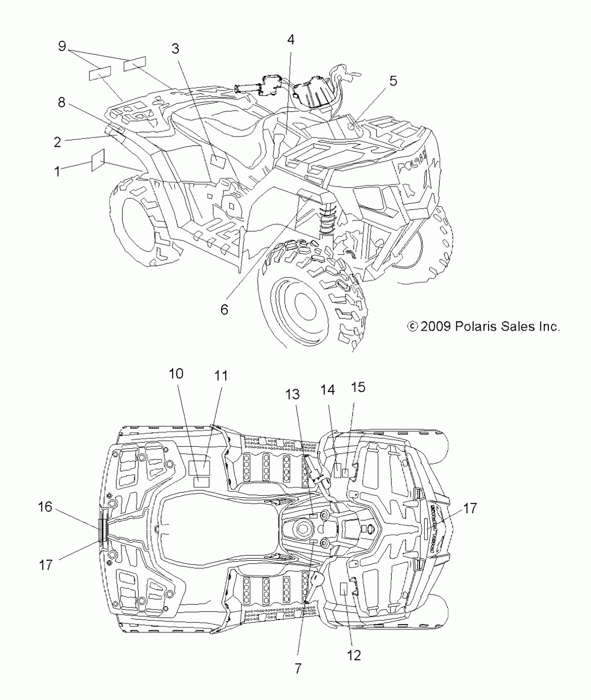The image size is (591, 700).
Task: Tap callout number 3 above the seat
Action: click(x=176, y=49)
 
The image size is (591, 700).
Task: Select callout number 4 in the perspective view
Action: click(x=291, y=40)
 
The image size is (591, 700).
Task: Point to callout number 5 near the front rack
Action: click(x=393, y=81)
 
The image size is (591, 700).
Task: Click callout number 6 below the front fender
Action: click(x=225, y=309)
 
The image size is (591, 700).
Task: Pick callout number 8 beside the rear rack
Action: click(x=62, y=103)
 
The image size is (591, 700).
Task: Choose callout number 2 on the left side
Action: click(x=57, y=142)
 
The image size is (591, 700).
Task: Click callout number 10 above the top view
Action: click(x=176, y=374)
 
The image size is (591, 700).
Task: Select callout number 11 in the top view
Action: click(x=220, y=376)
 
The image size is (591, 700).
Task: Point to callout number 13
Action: click(x=292, y=394)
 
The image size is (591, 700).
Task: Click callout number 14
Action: click(x=327, y=390)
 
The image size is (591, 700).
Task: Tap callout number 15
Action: click(x=358, y=387)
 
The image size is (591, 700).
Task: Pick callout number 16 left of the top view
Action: click(x=45, y=507)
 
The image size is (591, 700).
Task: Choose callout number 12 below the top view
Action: click(x=354, y=655)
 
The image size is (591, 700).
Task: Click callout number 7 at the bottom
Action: click(x=298, y=668)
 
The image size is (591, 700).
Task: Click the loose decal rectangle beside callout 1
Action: click(x=98, y=160)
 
